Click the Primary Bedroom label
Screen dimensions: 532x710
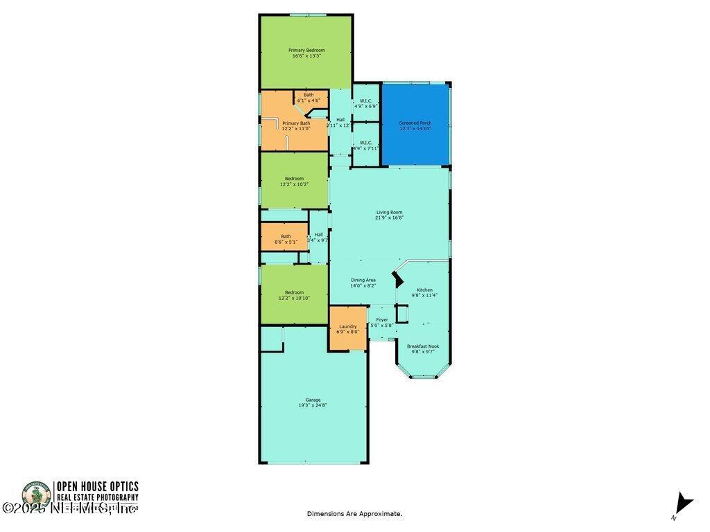[306, 50]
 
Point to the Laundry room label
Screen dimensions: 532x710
[347, 326]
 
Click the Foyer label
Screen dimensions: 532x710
[381, 320]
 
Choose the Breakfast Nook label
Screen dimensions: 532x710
[422, 346]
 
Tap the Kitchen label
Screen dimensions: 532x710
[424, 290]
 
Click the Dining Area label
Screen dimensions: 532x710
[363, 280]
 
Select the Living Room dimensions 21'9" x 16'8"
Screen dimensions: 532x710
[390, 218]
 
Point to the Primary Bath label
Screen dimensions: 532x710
[296, 123]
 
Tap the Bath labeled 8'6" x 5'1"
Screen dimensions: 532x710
[286, 239]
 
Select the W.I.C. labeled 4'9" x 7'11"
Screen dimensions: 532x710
[365, 145]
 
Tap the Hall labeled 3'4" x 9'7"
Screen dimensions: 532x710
[318, 237]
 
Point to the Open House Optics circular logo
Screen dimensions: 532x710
[37, 497]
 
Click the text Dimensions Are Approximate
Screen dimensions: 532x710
[354, 513]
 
